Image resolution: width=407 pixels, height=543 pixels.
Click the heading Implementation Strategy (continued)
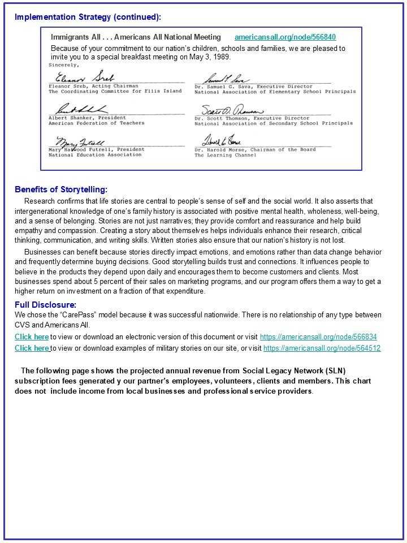point(88,16)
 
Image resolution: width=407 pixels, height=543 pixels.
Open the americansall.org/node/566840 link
point(285,37)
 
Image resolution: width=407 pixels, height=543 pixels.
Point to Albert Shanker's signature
point(80,109)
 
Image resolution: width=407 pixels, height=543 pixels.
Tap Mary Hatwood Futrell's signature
point(79,141)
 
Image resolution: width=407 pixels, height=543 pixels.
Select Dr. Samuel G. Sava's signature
point(226,79)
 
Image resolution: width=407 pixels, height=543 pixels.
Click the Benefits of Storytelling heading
point(61,189)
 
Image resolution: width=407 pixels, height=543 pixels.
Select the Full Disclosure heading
point(45,305)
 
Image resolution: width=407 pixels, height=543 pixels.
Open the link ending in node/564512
point(322,348)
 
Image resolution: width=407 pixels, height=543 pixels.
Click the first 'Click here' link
point(32,337)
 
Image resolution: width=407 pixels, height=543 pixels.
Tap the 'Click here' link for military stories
point(32,348)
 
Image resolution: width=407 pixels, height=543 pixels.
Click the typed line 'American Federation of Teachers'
point(96,123)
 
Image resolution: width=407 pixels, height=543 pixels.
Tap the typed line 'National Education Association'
point(88,155)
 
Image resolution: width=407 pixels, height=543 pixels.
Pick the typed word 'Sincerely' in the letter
point(64,65)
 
